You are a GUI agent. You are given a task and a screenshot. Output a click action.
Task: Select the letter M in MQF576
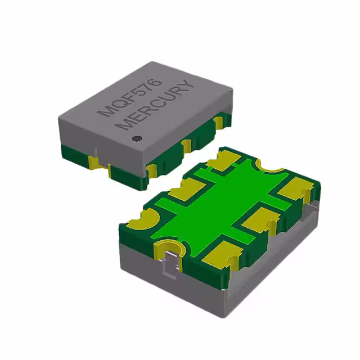104,112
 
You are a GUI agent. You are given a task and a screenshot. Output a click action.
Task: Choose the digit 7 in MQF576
147,88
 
